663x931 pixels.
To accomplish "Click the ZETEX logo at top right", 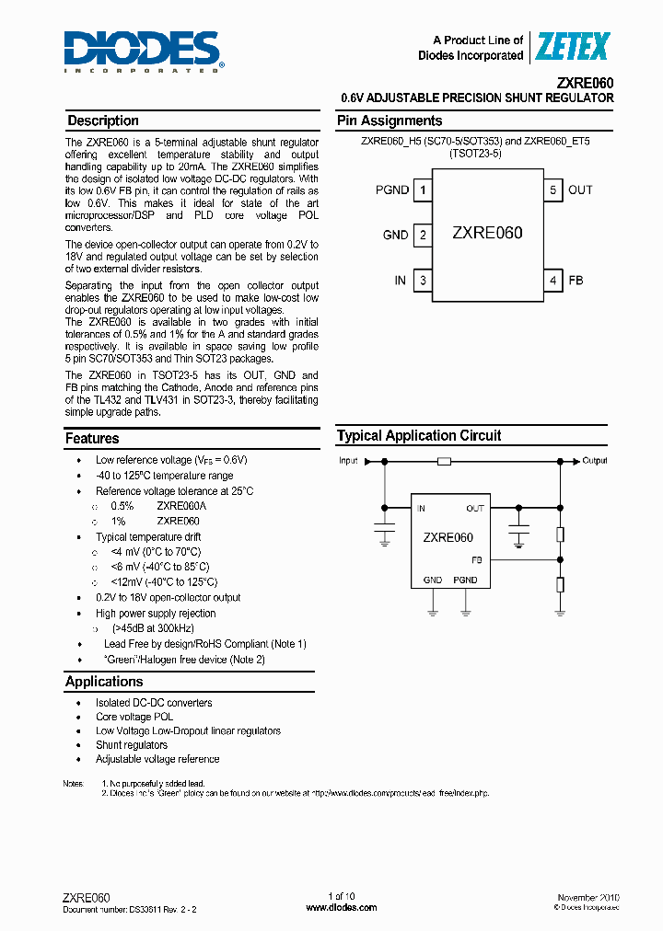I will point(573,47).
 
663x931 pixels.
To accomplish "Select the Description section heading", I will point(103,121).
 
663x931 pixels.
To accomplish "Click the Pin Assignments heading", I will point(390,121).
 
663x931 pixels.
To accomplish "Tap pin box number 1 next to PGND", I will point(423,190).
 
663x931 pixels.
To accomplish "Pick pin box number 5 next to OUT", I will point(553,190).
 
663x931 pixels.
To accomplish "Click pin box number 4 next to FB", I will point(553,280).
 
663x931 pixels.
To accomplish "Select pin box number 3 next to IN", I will point(423,280).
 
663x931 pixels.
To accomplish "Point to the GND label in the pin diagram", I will point(395,236).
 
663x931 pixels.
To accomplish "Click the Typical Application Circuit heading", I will point(419,436).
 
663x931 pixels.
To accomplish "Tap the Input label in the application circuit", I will point(348,460).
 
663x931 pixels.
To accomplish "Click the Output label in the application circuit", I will point(595,460).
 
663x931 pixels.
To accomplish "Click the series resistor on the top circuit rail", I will point(444,460).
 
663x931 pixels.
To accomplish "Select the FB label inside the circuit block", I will point(477,559).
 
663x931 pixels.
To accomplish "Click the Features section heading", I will point(92,439).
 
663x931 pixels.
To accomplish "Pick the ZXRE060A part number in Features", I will point(181,506).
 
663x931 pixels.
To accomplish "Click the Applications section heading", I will point(104,682).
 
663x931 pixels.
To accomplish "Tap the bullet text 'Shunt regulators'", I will point(132,745).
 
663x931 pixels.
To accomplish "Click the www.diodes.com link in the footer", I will point(341,907).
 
